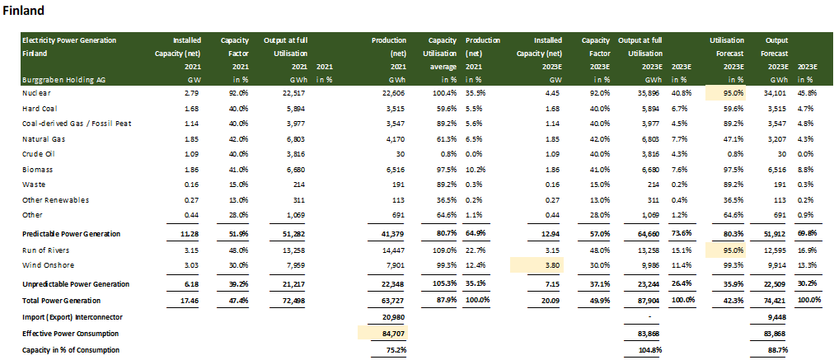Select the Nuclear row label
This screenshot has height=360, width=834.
pyautogui.click(x=35, y=93)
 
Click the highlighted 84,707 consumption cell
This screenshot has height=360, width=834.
pyautogui.click(x=383, y=333)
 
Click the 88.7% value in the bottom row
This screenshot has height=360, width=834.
pyautogui.click(x=780, y=350)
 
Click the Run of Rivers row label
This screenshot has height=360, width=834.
pyautogui.click(x=47, y=249)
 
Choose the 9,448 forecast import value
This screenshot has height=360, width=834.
pyautogui.click(x=779, y=317)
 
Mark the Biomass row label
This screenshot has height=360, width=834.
pyautogui.click(x=37, y=170)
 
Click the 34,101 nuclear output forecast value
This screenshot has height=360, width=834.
pyautogui.click(x=775, y=93)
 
